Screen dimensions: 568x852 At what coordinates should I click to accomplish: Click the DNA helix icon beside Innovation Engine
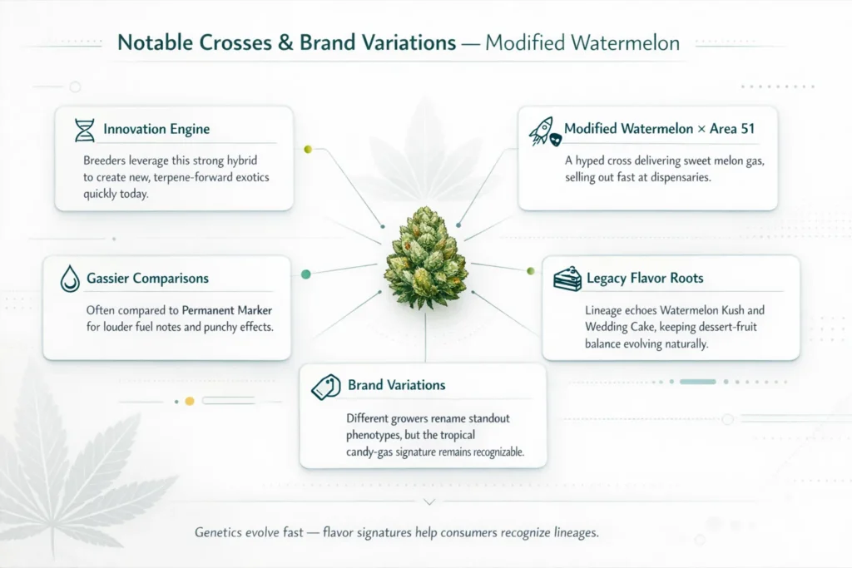click(x=84, y=130)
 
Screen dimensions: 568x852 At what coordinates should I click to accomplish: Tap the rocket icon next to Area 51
click(x=543, y=131)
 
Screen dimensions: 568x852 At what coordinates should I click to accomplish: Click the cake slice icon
click(x=567, y=279)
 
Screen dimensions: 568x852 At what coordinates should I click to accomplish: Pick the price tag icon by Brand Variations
click(x=325, y=386)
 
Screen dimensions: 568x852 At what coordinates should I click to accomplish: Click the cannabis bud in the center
click(x=425, y=257)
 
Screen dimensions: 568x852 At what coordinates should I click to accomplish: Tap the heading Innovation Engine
click(x=156, y=130)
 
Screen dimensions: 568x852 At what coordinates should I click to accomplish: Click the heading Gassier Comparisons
click(x=147, y=279)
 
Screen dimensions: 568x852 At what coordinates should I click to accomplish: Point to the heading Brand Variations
click(x=396, y=385)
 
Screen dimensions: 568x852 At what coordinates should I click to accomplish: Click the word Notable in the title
click(x=157, y=43)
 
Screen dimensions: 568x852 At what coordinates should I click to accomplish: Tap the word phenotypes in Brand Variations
click(x=374, y=436)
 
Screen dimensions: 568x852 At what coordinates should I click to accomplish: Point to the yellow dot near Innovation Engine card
click(x=308, y=149)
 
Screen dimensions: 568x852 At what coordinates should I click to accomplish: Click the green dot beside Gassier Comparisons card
click(x=305, y=274)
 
